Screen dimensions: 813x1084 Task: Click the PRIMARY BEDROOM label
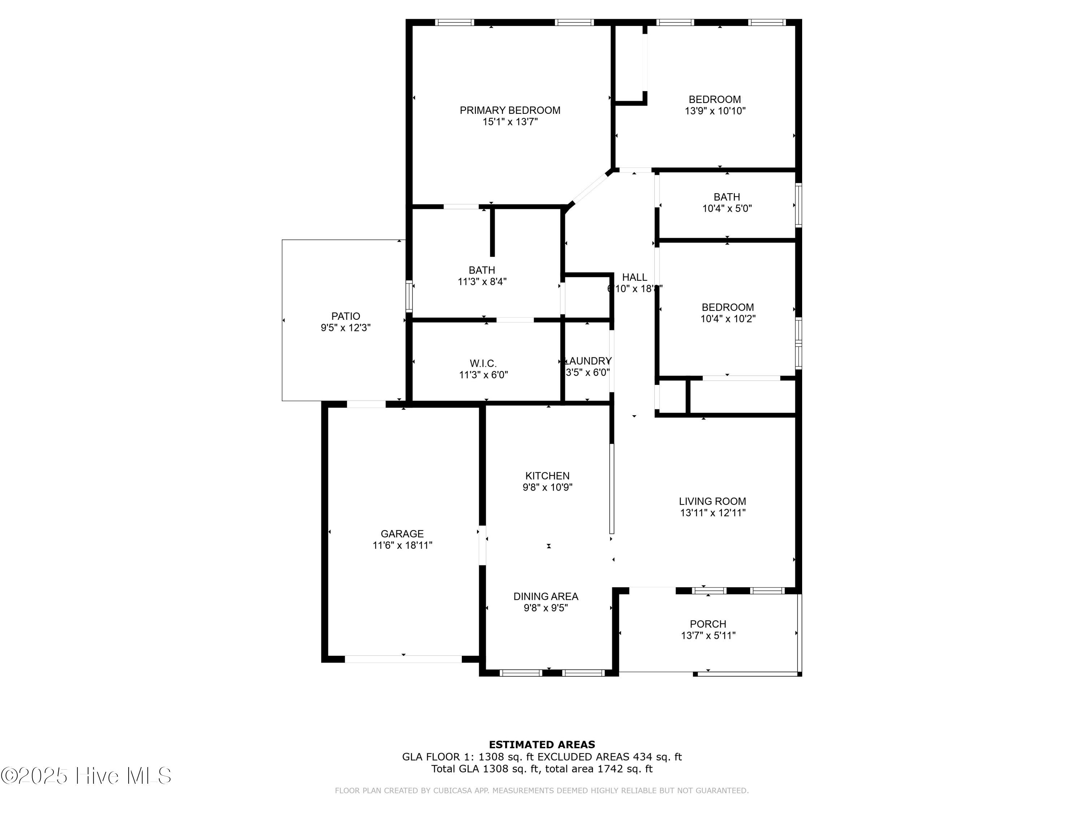point(509,110)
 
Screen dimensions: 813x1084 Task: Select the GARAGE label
point(402,534)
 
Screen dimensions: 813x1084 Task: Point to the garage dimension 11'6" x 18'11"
point(402,545)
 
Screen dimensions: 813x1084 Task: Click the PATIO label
point(345,317)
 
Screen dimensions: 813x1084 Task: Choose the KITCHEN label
point(547,476)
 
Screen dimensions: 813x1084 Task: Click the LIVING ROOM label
point(712,501)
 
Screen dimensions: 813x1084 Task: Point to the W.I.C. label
point(483,364)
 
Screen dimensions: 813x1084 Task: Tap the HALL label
point(634,278)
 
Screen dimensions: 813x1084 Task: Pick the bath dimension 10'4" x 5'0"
point(727,208)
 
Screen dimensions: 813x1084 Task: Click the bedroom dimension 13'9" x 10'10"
point(715,111)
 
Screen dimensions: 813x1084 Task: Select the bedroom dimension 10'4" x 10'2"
point(728,319)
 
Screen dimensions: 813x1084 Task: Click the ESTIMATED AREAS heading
point(542,745)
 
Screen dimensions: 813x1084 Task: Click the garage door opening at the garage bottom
point(403,659)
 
